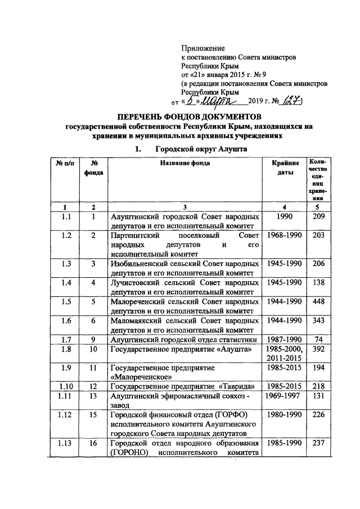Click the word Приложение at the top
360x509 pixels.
pyautogui.click(x=203, y=49)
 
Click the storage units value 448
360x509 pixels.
pyautogui.click(x=319, y=302)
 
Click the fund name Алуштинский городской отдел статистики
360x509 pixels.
pyautogui.click(x=184, y=339)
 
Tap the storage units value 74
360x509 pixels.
pyautogui.click(x=319, y=339)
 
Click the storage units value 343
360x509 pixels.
pyautogui.click(x=319, y=320)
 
